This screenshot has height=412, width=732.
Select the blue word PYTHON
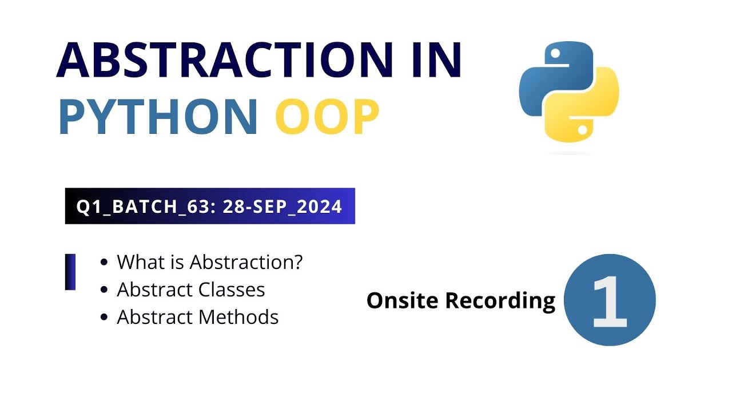point(158,117)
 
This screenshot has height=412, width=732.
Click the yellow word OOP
point(327,117)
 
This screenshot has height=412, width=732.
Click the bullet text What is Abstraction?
point(209,262)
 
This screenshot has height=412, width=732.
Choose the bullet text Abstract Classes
point(190,290)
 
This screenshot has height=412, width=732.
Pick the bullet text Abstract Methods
point(197,317)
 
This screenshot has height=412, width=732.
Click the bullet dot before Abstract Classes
point(104,290)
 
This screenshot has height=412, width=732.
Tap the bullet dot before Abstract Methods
point(104,318)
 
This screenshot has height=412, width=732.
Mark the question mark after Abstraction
point(297,262)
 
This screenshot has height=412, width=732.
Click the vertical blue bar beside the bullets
point(70,272)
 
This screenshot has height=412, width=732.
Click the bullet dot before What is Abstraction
point(104,263)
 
